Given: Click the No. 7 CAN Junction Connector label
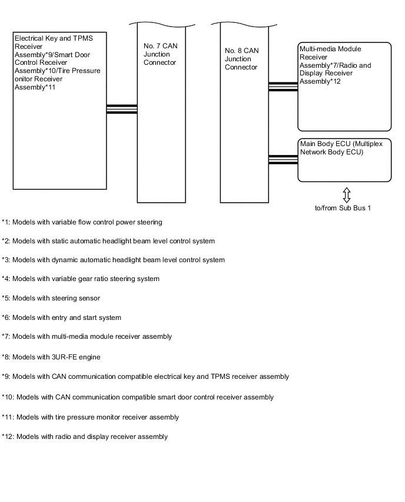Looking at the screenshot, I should point(160,54).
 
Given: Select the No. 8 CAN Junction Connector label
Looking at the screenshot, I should point(241,59).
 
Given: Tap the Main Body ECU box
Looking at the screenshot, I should point(344,160).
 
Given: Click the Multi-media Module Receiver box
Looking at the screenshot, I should point(344,86).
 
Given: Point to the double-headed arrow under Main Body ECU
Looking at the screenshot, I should point(347,194).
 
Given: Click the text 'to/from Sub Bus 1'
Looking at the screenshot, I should point(343,208).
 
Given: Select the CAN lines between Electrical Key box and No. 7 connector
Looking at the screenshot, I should point(122,109).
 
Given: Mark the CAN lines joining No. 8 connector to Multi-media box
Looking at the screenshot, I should point(283,87).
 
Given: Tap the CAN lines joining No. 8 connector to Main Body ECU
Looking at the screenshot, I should point(283,158).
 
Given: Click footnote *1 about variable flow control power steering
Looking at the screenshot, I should point(82,222).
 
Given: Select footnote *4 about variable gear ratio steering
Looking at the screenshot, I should point(81,279).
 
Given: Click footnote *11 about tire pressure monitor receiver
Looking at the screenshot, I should point(90,417).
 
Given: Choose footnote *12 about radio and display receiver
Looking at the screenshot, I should point(85,437).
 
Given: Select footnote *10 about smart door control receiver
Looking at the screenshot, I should point(138,397).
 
